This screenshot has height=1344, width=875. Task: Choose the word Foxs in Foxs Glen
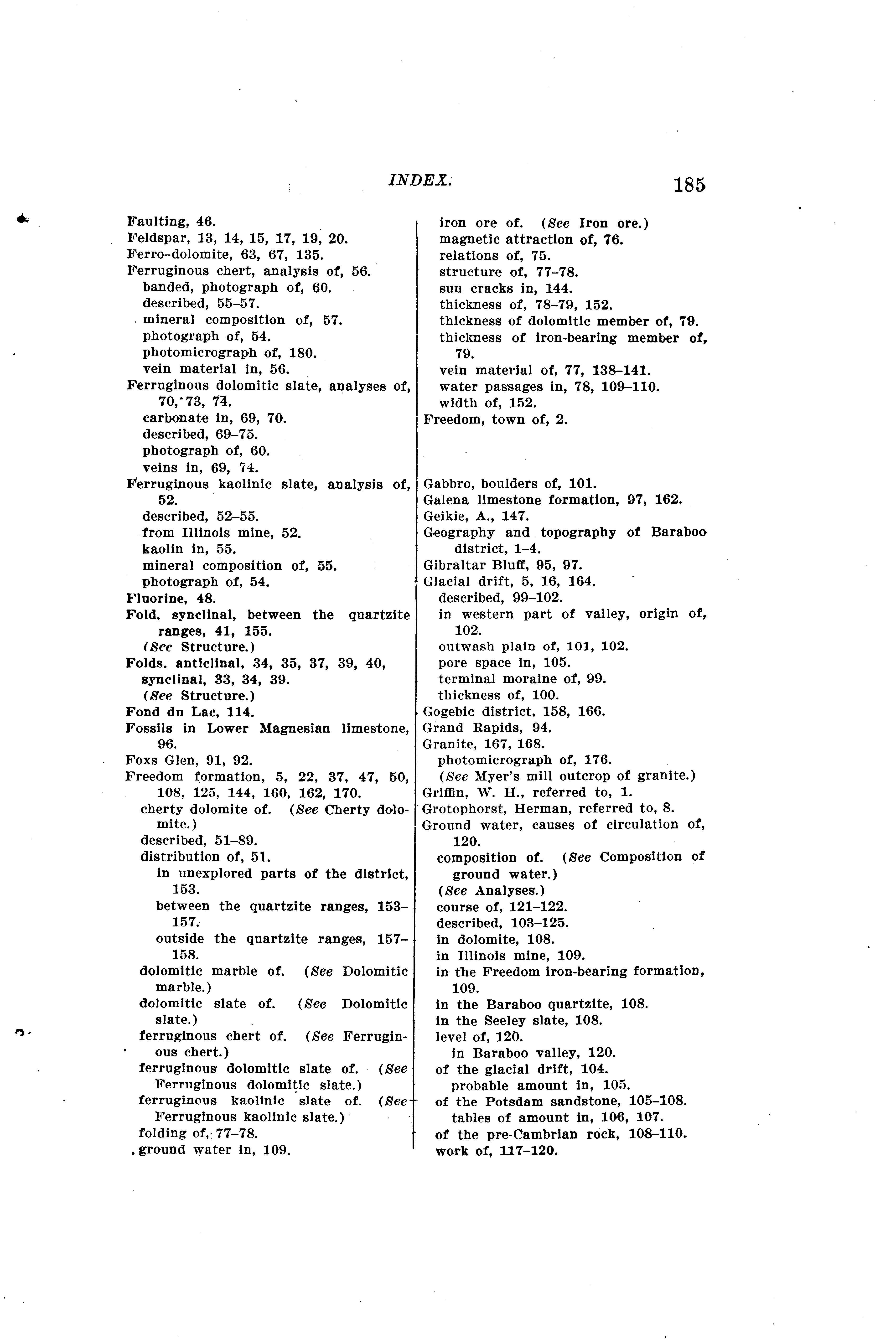point(140,760)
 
